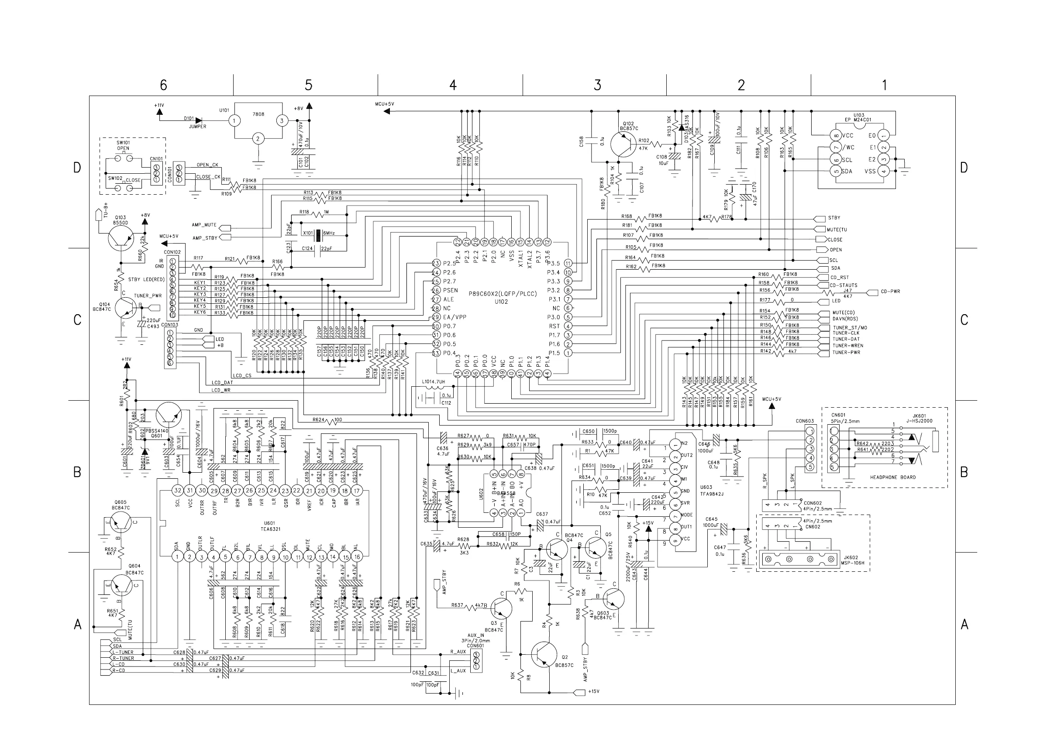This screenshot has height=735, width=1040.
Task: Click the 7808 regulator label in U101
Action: (258, 114)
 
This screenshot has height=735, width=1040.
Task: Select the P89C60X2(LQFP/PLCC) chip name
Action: (503, 294)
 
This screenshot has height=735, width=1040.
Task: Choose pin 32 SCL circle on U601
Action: (178, 491)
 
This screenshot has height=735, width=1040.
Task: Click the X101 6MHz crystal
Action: (318, 234)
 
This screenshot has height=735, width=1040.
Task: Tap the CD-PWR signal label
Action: (890, 291)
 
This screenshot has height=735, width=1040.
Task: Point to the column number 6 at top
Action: (164, 85)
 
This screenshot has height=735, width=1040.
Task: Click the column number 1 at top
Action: (884, 85)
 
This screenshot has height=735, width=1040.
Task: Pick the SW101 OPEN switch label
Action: (123, 145)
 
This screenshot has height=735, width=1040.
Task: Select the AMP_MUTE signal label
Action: (204, 225)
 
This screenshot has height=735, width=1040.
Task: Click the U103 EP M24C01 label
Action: (858, 117)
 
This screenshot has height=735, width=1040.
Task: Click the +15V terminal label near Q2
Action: (593, 691)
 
